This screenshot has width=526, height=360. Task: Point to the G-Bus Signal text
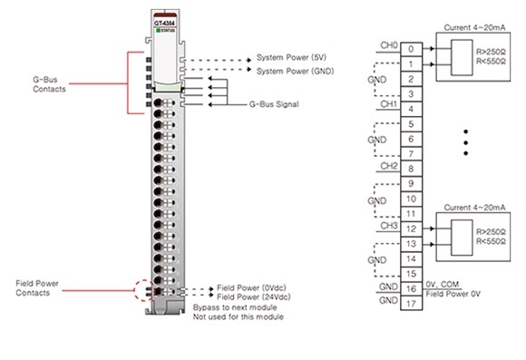[x=273, y=104]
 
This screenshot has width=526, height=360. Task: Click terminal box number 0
[x=413, y=47]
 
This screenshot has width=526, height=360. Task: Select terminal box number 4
[x=413, y=109]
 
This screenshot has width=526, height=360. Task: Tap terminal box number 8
[x=413, y=169]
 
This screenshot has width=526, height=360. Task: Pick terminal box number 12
[x=413, y=229]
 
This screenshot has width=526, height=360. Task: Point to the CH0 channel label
[x=388, y=44]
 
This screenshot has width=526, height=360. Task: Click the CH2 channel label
[x=388, y=166]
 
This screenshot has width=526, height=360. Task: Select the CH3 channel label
[x=388, y=227]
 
